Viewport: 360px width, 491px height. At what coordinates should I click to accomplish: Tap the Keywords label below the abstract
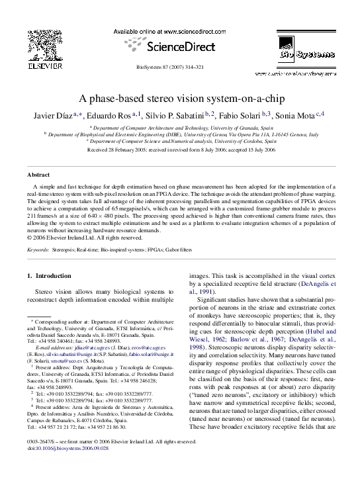click(x=39, y=250)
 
